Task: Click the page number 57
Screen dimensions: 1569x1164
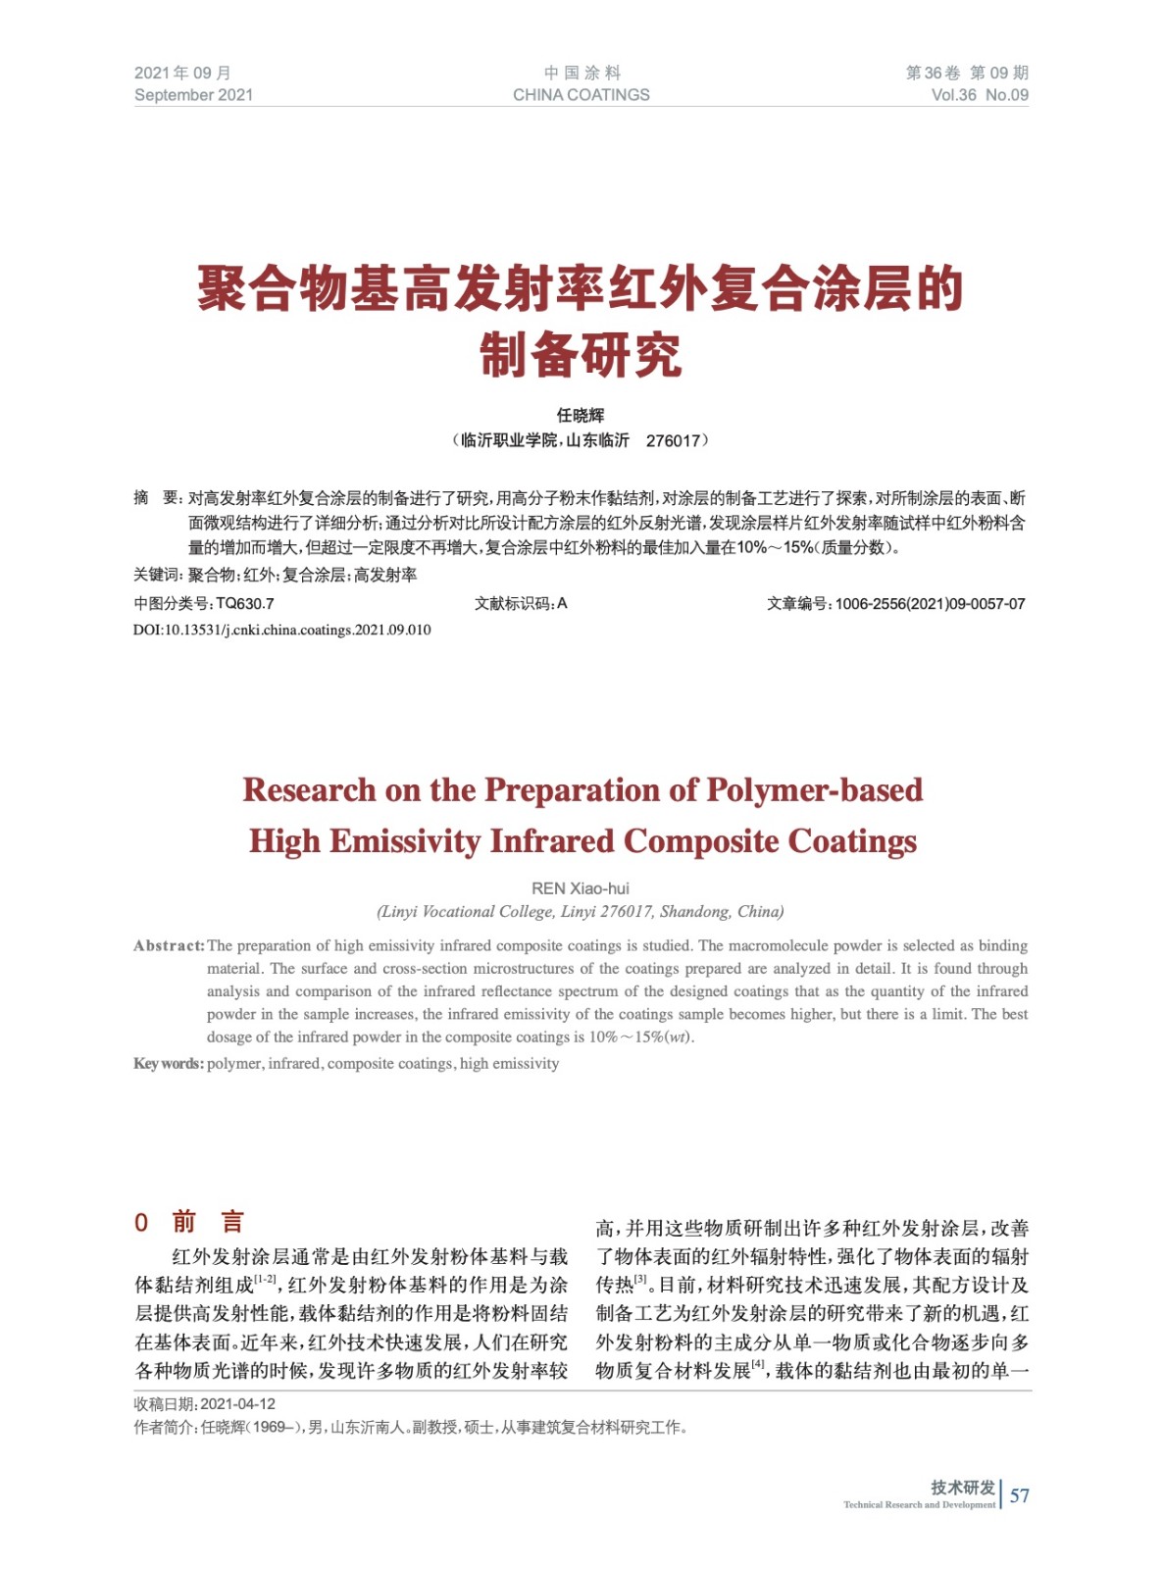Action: (1020, 1495)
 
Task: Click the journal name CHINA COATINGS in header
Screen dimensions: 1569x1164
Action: (581, 95)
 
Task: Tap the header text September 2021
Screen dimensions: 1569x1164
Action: (193, 95)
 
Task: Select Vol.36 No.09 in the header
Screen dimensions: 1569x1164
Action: (979, 95)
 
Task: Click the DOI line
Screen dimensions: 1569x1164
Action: (282, 630)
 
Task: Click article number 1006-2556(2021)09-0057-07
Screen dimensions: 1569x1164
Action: (930, 604)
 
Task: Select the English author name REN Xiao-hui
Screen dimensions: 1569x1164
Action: (581, 888)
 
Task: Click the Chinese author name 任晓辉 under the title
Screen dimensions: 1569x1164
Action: (581, 416)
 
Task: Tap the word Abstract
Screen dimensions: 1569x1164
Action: (169, 946)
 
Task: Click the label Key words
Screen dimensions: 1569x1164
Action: (169, 1064)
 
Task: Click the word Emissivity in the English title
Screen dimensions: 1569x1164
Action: (404, 841)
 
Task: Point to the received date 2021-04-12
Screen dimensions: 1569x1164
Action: (238, 1404)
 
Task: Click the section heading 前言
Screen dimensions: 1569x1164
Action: (208, 1222)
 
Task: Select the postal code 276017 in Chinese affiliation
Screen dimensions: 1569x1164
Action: (673, 441)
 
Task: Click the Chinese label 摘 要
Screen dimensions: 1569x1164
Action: (158, 498)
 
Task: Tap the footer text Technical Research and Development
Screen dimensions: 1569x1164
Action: (919, 1504)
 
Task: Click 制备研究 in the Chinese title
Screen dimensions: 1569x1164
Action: (581, 355)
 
